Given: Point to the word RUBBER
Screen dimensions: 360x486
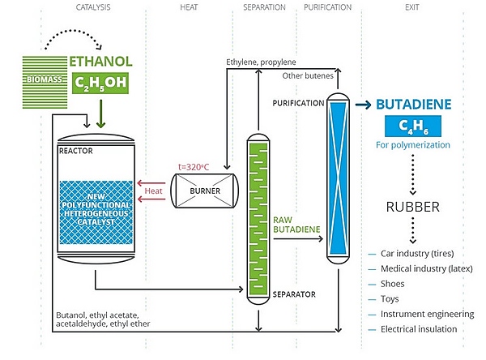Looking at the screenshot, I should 411,207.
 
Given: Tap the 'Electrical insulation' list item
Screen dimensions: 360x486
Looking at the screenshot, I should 419,328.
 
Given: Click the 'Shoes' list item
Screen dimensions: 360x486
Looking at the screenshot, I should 393,284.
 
